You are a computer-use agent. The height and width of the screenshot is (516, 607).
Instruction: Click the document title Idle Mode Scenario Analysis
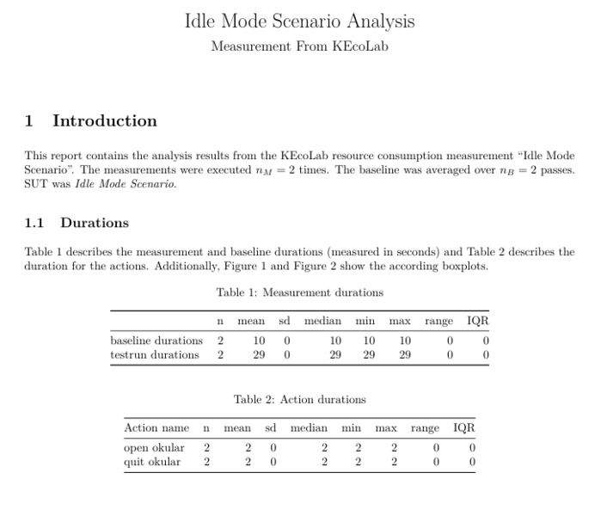click(299, 21)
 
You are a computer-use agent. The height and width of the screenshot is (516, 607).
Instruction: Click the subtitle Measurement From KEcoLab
click(299, 46)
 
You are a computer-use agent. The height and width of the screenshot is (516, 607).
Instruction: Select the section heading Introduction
click(104, 121)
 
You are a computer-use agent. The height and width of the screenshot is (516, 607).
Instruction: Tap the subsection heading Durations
click(94, 223)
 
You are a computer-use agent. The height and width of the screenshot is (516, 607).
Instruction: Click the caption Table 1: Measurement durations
click(299, 292)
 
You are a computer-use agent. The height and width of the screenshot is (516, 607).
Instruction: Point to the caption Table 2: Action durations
click(299, 399)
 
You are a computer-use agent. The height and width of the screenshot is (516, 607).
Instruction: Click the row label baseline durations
click(156, 341)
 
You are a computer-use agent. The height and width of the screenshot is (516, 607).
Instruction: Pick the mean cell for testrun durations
click(258, 354)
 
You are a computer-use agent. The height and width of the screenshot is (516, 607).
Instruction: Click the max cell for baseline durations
click(404, 341)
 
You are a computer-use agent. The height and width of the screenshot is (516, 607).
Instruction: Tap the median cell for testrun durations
click(335, 354)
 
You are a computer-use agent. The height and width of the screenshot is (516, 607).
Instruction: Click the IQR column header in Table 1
click(477, 321)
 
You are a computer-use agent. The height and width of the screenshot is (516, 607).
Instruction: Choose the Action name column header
click(156, 427)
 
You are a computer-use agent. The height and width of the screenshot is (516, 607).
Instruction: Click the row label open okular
click(154, 448)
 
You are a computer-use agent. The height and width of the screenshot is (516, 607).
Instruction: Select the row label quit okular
click(152, 462)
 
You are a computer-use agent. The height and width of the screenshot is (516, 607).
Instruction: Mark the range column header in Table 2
click(424, 427)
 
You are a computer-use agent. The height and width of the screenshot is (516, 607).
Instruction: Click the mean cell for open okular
click(248, 448)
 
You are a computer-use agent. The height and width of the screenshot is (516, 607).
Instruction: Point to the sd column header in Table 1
click(285, 321)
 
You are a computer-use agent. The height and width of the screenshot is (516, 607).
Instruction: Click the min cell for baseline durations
click(370, 341)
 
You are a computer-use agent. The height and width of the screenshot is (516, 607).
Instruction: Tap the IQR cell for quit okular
click(472, 462)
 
